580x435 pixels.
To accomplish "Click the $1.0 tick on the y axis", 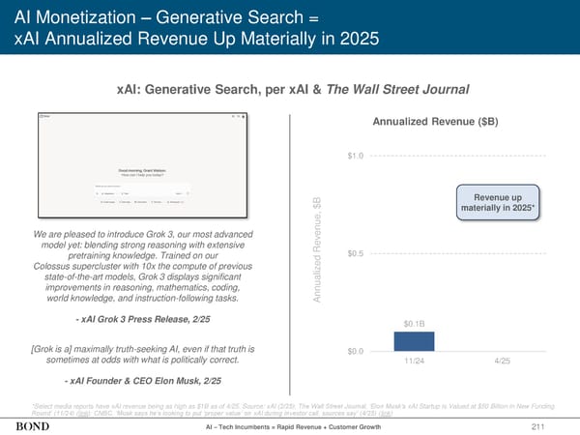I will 355,156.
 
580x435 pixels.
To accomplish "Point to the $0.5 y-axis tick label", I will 355,253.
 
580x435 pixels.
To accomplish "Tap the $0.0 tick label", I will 355,351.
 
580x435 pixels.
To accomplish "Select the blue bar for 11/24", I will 414,341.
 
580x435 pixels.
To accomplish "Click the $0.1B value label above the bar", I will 414,324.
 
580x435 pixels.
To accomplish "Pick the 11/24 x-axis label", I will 414,361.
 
